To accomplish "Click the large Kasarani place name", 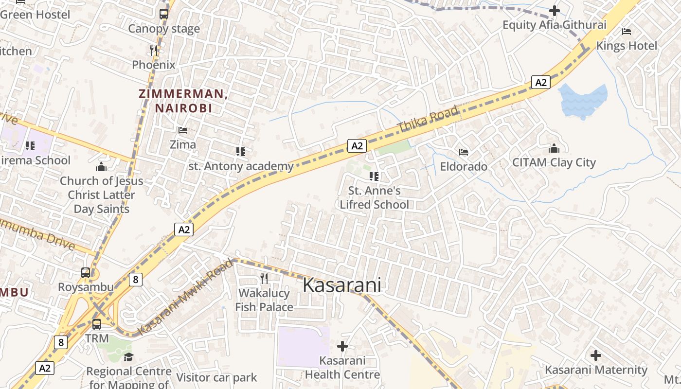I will pos(341,285).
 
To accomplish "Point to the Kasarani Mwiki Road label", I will pos(185,297).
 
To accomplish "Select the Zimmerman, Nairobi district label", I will pos(183,101).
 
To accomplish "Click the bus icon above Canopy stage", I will pos(164,14).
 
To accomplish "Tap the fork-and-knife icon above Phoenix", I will pos(153,50).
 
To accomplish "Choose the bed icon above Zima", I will pos(183,130).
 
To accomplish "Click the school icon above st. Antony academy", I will pos(240,152).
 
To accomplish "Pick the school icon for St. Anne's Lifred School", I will pos(374,176).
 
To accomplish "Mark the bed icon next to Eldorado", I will pos(464,152).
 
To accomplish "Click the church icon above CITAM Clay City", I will pos(554,148).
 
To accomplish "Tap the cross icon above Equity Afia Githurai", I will pos(555,10).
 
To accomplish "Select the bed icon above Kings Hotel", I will pos(627,32).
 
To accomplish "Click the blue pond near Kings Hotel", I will pos(583,101).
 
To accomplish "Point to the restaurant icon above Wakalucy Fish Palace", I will pos(264,279).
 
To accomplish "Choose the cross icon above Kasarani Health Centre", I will pos(342,346).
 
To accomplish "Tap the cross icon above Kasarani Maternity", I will pos(596,355).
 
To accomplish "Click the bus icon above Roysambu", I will pos(86,273).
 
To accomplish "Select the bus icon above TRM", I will pos(97,324).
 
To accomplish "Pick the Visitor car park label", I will pos(216,377).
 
